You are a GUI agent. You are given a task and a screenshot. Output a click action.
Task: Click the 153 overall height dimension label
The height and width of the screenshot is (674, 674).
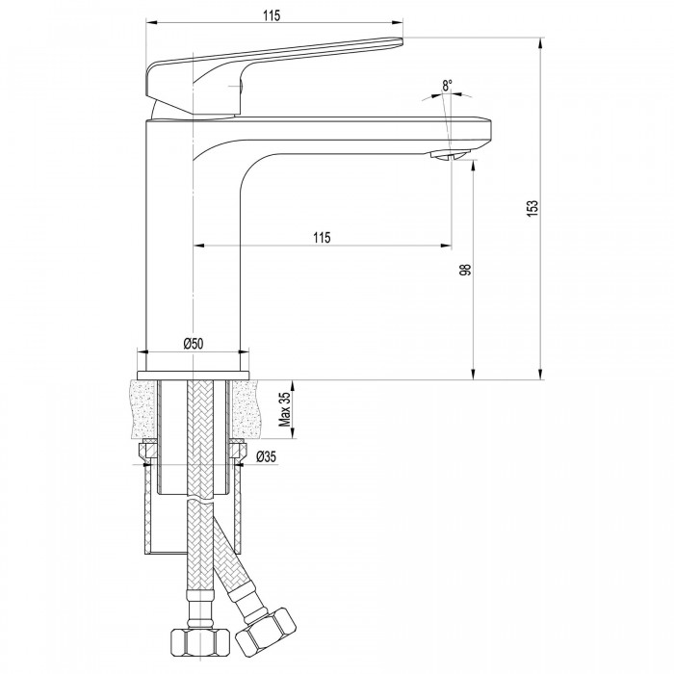532,209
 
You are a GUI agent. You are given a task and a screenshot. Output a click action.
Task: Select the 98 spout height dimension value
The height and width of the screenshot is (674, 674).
465,270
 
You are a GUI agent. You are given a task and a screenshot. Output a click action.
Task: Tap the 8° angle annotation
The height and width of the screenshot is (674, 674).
448,85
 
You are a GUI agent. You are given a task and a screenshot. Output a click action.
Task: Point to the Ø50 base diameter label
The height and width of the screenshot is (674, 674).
193,344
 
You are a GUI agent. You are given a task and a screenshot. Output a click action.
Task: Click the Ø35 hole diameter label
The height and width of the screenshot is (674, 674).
266,456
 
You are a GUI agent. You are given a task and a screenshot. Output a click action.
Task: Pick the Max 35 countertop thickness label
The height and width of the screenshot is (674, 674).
285,409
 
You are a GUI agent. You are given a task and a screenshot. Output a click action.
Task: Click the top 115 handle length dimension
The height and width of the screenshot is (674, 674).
272,15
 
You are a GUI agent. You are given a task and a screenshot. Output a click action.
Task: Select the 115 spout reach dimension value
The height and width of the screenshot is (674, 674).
322,237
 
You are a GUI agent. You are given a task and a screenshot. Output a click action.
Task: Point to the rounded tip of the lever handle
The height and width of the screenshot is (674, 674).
399,41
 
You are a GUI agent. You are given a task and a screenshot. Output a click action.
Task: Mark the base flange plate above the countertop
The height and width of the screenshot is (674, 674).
193,376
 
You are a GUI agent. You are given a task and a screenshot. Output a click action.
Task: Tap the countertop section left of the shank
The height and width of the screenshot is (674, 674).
142,409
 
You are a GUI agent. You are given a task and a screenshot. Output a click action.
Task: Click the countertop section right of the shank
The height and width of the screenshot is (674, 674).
246,409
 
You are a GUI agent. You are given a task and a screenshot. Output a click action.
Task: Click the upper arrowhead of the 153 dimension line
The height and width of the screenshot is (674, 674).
540,43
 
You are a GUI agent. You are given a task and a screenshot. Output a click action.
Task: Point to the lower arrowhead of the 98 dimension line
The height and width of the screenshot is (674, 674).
473,374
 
